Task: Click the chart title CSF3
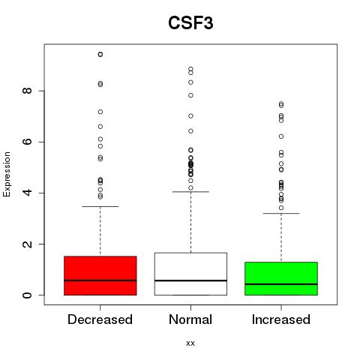[190, 23]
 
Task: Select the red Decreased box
[100, 275]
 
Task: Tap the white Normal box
[190, 274]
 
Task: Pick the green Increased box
[281, 278]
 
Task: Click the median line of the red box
[100, 280]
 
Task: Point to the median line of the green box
[281, 284]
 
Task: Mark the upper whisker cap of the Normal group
[190, 192]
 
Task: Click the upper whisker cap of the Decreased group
[100, 206]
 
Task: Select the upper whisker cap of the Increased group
[281, 213]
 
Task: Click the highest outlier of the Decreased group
[100, 54]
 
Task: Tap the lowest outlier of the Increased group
[281, 208]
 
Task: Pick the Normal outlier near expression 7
[190, 115]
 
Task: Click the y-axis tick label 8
[27, 91]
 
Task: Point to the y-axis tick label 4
[27, 193]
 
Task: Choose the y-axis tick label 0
[27, 295]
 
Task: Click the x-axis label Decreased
[100, 319]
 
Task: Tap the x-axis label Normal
[190, 319]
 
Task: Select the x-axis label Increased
[281, 319]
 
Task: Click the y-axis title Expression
[7, 174]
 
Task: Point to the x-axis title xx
[190, 343]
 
